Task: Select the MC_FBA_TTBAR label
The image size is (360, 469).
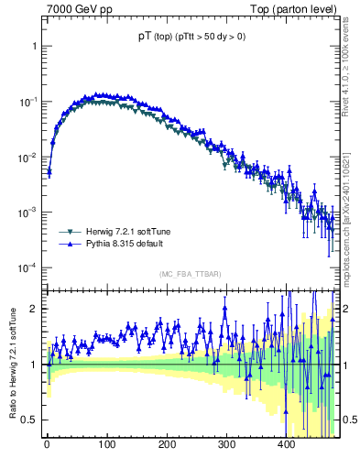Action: (189, 275)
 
